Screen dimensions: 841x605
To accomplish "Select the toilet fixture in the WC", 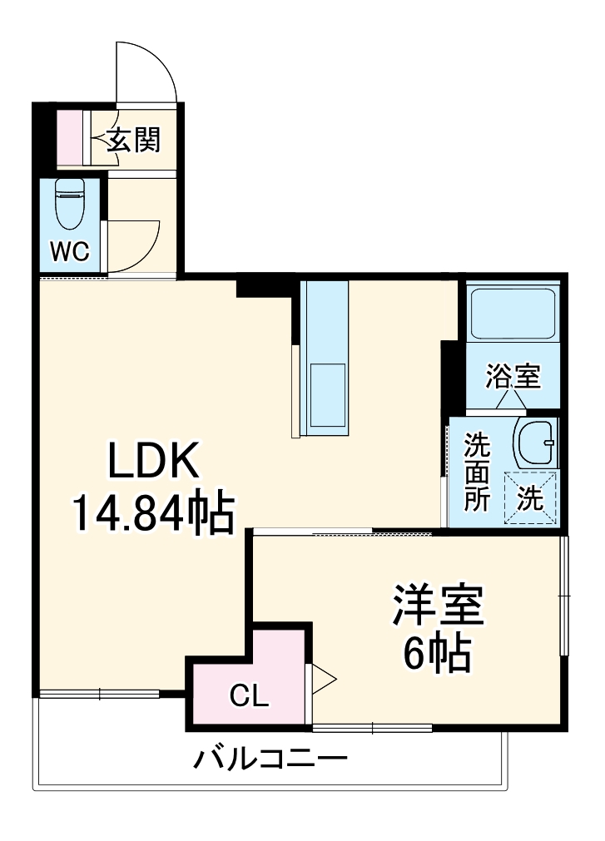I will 70,205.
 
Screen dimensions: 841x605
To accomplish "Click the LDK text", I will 153,461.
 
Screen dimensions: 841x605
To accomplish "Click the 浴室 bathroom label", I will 513,377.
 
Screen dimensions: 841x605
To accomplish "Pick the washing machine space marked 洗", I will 531,497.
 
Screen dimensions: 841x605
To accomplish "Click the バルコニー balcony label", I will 271,759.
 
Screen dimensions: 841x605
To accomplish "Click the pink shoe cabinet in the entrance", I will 70,136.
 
